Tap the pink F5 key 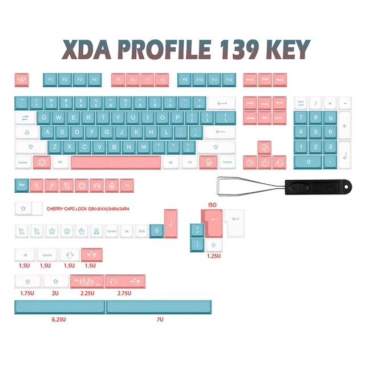[118, 80]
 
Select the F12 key [229, 80]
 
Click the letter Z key [55, 147]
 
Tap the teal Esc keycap [22, 186]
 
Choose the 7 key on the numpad [301, 118]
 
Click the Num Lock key [301, 103]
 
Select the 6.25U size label [59, 319]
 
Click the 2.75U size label [124, 293]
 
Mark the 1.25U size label [213, 256]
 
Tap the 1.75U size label [26, 293]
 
